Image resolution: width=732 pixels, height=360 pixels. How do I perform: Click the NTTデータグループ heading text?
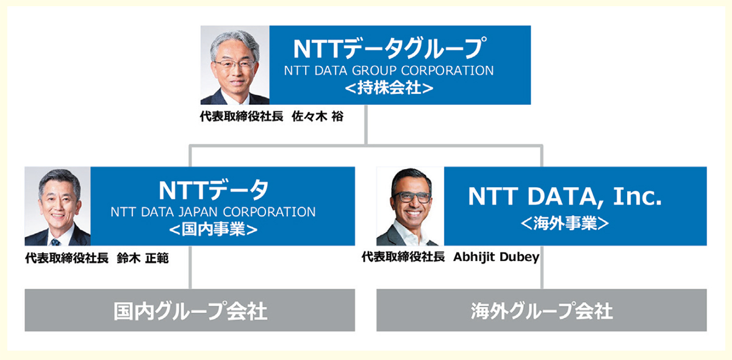[390, 48]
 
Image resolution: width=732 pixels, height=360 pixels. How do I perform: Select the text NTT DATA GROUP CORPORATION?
[389, 71]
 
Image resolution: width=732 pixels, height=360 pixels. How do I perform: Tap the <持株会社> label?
[389, 88]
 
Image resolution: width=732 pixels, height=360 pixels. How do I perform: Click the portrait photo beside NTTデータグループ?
[235, 65]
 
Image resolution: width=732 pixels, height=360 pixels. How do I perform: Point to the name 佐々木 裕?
[318, 117]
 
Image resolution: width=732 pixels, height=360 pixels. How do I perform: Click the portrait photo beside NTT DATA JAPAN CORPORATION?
[57, 206]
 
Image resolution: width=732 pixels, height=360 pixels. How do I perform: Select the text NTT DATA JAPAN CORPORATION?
[213, 212]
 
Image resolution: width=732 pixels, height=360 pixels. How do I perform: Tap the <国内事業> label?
[213, 229]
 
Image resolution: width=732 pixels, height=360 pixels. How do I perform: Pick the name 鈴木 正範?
[143, 258]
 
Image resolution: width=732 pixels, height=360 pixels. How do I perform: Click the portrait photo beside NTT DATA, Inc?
[410, 206]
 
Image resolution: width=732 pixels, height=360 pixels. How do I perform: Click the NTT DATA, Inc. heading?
[565, 196]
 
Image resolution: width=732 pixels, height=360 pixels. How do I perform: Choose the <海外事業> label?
[565, 223]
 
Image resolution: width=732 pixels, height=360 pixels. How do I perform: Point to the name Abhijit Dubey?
[497, 257]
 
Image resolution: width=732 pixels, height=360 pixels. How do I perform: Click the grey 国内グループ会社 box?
[190, 310]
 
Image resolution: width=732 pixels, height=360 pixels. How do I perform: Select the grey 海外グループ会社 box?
[542, 310]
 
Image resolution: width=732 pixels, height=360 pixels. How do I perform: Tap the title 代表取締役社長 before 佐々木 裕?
[242, 117]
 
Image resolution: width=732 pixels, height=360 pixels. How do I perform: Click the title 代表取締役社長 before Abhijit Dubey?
[403, 257]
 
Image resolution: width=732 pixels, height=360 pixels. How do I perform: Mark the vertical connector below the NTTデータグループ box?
[366, 124]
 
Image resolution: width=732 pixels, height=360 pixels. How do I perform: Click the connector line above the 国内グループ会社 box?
[190, 267]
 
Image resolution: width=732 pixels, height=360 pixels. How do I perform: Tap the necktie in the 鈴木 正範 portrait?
[55, 242]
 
